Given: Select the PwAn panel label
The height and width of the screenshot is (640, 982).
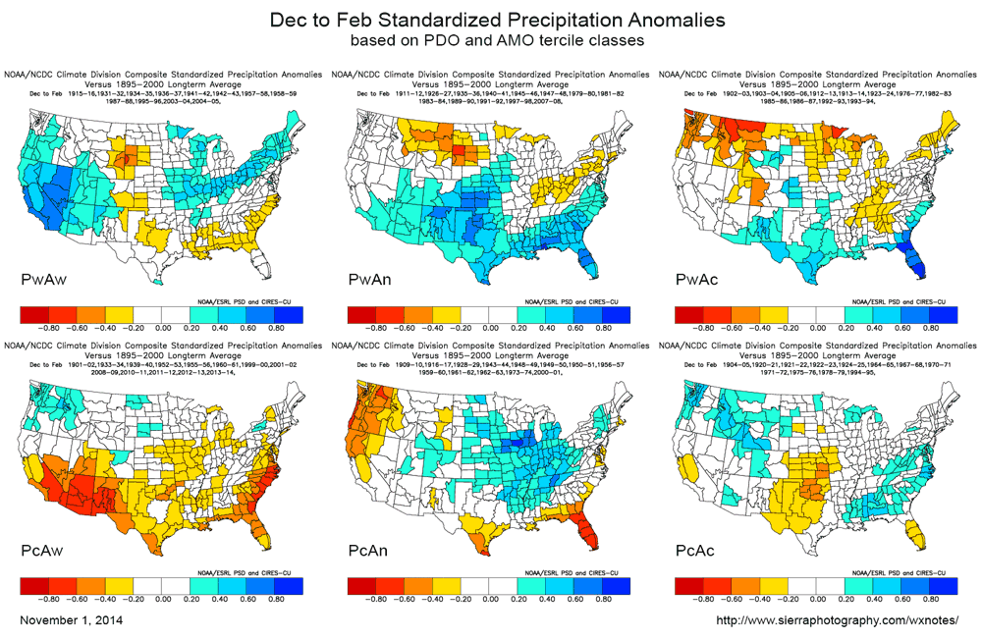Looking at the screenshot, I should coord(371,281).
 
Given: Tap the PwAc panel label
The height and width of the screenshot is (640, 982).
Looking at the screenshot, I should coord(699,281).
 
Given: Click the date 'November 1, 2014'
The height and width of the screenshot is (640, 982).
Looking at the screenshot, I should coord(72,621).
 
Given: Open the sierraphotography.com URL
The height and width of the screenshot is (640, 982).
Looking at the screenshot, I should coord(837,621).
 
